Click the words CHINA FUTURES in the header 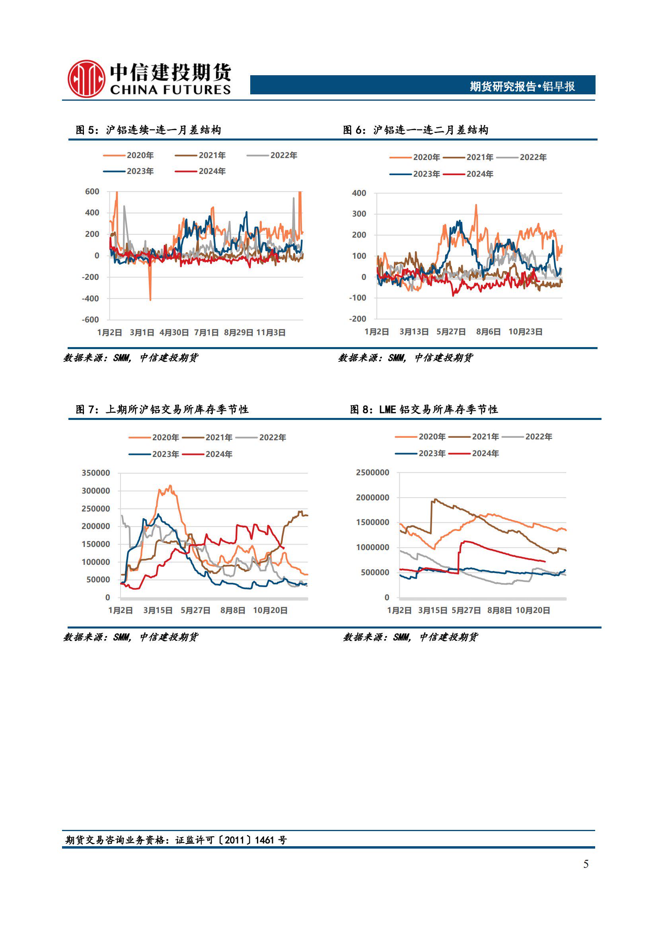click(170, 90)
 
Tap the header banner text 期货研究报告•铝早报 click(522, 86)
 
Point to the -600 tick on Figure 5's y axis click(90, 320)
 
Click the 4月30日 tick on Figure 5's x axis click(174, 332)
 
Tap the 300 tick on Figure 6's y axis click(358, 214)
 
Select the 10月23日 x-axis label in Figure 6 click(525, 332)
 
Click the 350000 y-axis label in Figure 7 click(95, 473)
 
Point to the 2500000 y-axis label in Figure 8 click(372, 472)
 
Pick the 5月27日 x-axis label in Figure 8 click(466, 610)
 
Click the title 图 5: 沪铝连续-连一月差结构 click(148, 130)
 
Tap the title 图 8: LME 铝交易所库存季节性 click(424, 410)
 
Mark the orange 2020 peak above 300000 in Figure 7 click(170, 486)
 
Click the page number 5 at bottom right click(586, 864)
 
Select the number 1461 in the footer click(265, 840)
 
